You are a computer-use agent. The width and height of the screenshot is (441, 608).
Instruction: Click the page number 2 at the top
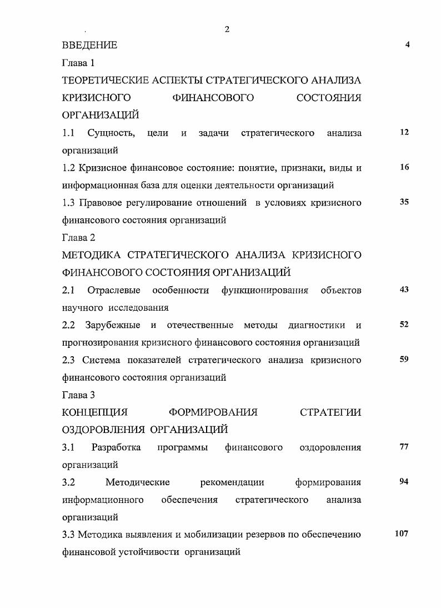227,29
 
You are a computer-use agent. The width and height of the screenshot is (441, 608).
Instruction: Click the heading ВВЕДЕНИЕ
89,46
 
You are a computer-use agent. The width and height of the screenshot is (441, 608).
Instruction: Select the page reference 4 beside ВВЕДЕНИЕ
408,45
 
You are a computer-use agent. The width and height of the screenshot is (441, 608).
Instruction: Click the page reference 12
404,132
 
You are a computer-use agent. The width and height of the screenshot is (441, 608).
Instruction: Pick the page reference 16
404,167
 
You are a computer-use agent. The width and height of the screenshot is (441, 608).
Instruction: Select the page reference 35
404,202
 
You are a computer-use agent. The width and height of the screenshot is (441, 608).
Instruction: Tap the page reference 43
404,290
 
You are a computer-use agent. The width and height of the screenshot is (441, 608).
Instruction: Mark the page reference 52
404,325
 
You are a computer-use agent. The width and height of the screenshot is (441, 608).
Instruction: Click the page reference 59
404,360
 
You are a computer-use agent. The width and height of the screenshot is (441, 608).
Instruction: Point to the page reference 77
404,447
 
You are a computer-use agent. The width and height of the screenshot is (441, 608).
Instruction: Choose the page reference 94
404,482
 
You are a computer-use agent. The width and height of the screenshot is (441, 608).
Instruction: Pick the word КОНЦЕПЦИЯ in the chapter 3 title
94,412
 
